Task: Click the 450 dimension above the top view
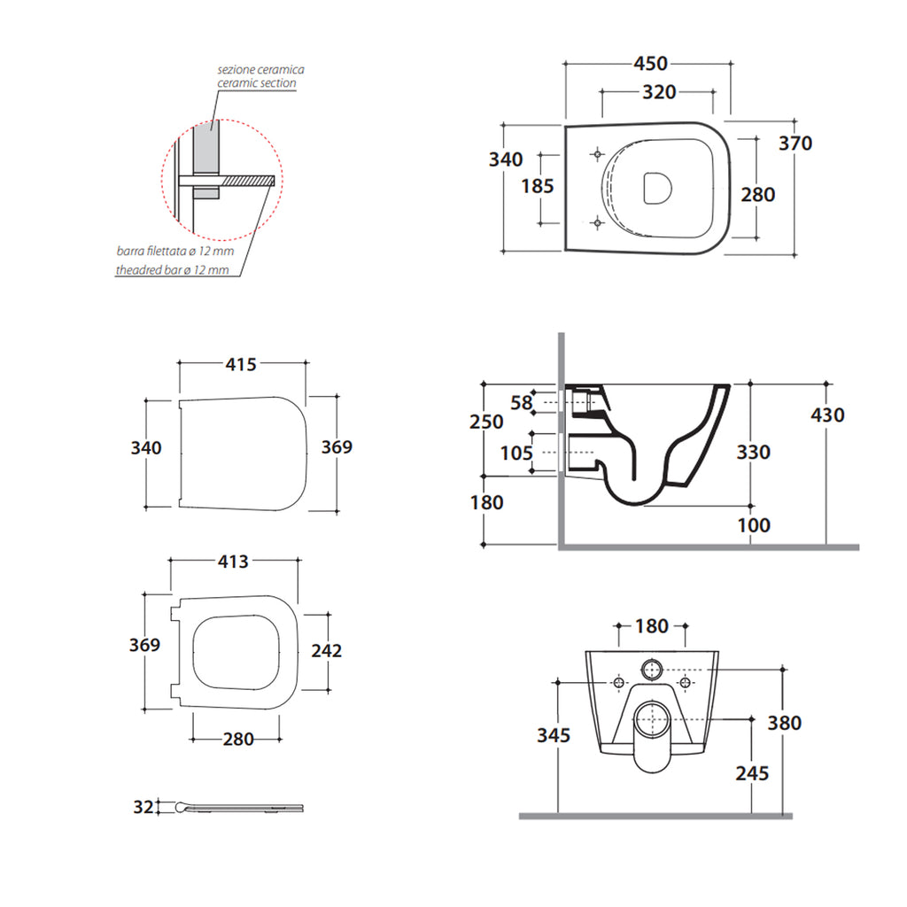(x=649, y=64)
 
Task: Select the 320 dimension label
(x=658, y=92)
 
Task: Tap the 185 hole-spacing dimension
(x=537, y=186)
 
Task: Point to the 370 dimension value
(x=795, y=143)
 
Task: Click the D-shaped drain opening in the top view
(x=656, y=187)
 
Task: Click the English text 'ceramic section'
(x=257, y=83)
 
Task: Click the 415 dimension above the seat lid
(x=240, y=364)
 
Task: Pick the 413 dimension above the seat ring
(x=232, y=562)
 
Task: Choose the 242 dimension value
(x=327, y=651)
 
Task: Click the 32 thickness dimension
(x=143, y=807)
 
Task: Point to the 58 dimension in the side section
(x=523, y=403)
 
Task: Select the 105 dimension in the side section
(x=516, y=453)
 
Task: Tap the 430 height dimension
(x=827, y=415)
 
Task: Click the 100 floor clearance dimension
(x=754, y=525)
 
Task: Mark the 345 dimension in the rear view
(x=554, y=735)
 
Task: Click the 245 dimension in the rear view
(x=751, y=772)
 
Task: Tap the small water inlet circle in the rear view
(x=654, y=670)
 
